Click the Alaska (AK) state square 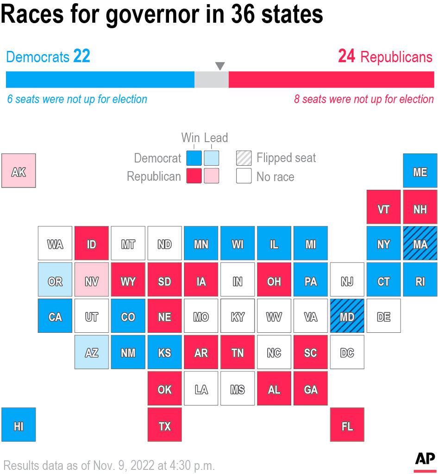click(x=19, y=170)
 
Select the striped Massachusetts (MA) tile click(x=420, y=243)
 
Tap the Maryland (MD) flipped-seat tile click(x=347, y=316)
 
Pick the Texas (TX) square click(x=164, y=425)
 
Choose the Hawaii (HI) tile click(x=19, y=425)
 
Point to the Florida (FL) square click(x=347, y=425)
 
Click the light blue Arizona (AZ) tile click(x=92, y=352)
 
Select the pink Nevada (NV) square click(x=92, y=280)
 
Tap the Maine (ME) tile click(x=420, y=170)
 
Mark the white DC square click(x=347, y=352)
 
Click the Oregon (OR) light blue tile click(x=55, y=280)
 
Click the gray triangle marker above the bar click(x=220, y=66)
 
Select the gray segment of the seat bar click(x=211, y=80)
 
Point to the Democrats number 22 click(x=81, y=56)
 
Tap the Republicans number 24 click(x=346, y=56)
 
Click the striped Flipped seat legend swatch click(x=244, y=158)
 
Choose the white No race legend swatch click(x=244, y=176)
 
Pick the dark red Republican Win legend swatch click(x=194, y=176)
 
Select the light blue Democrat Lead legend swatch click(x=211, y=158)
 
